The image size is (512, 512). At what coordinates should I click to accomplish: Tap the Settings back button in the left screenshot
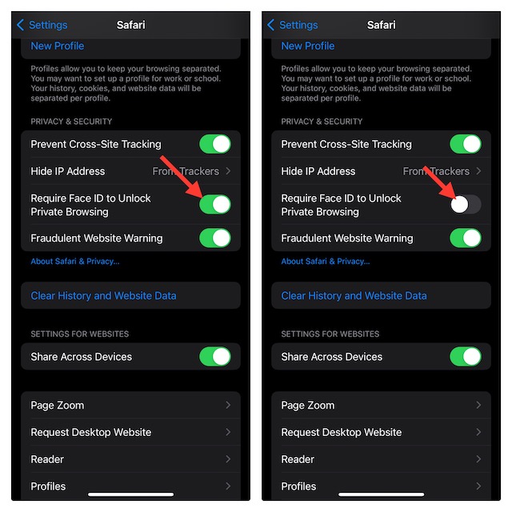[42, 25]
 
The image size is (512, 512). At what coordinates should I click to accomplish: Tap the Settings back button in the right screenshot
[293, 25]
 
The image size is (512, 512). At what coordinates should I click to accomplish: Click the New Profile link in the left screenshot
[58, 46]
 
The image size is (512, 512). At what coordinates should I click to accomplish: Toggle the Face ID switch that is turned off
[466, 205]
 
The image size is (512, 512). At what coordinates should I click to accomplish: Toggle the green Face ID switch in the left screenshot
[215, 205]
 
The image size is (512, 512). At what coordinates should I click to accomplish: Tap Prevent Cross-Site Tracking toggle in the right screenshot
[466, 144]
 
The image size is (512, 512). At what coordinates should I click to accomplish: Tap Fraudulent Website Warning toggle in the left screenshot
[215, 238]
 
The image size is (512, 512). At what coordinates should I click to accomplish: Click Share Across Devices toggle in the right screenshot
[466, 356]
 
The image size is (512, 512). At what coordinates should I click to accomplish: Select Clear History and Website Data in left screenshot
[103, 296]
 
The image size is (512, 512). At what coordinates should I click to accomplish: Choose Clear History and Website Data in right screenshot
[354, 296]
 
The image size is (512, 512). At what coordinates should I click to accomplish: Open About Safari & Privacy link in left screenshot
[75, 262]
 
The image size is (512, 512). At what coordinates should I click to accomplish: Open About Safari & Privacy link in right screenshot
[326, 262]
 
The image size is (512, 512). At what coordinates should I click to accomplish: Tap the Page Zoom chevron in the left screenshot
[228, 405]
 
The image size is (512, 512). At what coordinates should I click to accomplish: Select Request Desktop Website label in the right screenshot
[342, 432]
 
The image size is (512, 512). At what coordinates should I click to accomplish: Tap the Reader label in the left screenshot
[47, 459]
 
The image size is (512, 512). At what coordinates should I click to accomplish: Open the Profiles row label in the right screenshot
[298, 486]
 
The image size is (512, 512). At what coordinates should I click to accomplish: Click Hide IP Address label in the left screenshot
[68, 171]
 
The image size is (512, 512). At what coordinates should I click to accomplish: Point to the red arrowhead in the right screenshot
[450, 194]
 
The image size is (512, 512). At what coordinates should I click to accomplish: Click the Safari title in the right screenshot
[381, 25]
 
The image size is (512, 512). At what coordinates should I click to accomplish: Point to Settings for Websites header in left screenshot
[80, 334]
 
